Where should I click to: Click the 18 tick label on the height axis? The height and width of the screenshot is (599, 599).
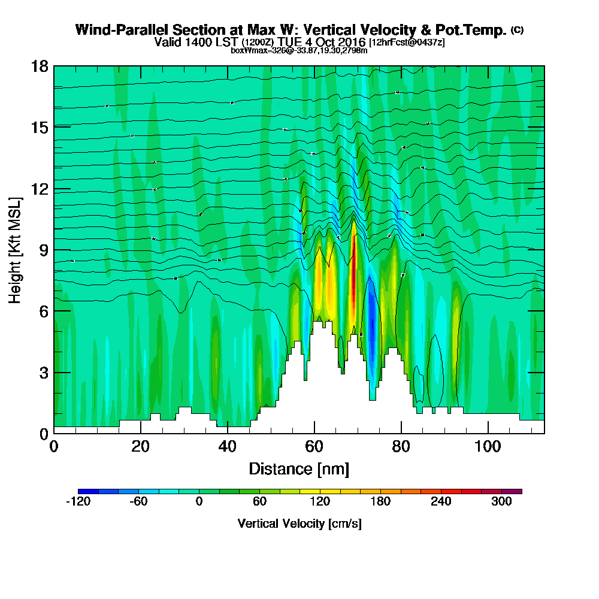click(39, 66)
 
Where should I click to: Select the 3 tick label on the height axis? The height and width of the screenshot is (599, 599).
click(43, 373)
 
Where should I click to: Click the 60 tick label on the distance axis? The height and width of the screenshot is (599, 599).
click(314, 447)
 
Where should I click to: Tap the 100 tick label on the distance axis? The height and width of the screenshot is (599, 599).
click(488, 447)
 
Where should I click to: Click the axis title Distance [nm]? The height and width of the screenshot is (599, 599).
click(299, 468)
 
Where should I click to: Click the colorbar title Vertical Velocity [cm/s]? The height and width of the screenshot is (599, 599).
click(299, 524)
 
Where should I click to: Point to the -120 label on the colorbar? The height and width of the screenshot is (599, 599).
click(77, 502)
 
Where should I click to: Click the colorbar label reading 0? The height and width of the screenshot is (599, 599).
click(199, 502)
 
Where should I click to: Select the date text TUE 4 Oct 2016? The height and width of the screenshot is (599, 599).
click(319, 42)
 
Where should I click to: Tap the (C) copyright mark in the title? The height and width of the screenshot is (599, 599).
click(517, 30)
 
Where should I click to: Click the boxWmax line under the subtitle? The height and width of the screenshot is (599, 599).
click(299, 50)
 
